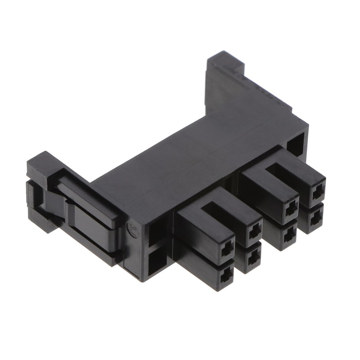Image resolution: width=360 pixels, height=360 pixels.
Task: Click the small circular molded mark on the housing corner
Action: (x=134, y=228)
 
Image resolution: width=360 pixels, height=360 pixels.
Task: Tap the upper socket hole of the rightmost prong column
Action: (x=318, y=193)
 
